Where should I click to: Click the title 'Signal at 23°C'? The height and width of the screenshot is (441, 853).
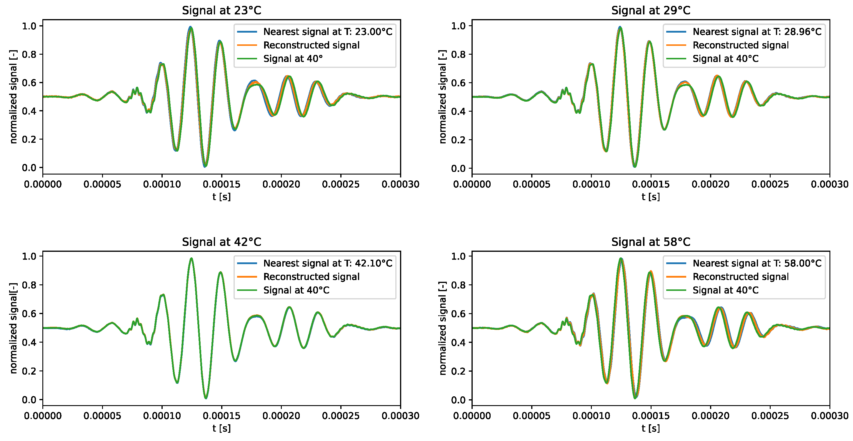[221, 11]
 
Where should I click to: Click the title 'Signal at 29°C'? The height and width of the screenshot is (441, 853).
[651, 11]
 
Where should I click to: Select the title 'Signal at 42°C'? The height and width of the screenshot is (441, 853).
[221, 242]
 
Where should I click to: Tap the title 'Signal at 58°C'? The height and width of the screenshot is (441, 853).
[651, 242]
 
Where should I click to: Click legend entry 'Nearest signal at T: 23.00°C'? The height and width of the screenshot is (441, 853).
[327, 32]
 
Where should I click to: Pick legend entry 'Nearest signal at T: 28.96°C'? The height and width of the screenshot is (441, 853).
[757, 32]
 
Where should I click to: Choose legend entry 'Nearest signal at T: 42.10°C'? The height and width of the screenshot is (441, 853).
[327, 263]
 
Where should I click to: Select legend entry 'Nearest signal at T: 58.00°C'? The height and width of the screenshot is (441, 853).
[757, 263]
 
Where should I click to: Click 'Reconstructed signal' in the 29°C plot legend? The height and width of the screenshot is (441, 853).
[740, 45]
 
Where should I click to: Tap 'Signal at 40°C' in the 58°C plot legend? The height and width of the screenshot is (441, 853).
[725, 290]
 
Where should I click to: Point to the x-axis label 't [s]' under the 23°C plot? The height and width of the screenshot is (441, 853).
[221, 197]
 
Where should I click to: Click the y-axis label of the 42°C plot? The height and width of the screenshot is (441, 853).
[13, 328]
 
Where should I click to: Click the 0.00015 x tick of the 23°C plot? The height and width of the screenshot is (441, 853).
[221, 184]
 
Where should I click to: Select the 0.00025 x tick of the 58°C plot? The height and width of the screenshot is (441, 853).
[770, 416]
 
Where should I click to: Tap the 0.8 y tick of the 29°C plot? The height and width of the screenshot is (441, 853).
[458, 54]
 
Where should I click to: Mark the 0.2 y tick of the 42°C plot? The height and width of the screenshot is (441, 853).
[29, 371]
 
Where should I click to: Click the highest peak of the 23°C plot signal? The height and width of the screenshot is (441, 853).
[190, 27]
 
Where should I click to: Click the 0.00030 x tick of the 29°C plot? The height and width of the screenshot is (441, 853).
[829, 184]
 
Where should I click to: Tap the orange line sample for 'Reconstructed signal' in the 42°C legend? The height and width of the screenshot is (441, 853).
[247, 277]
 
